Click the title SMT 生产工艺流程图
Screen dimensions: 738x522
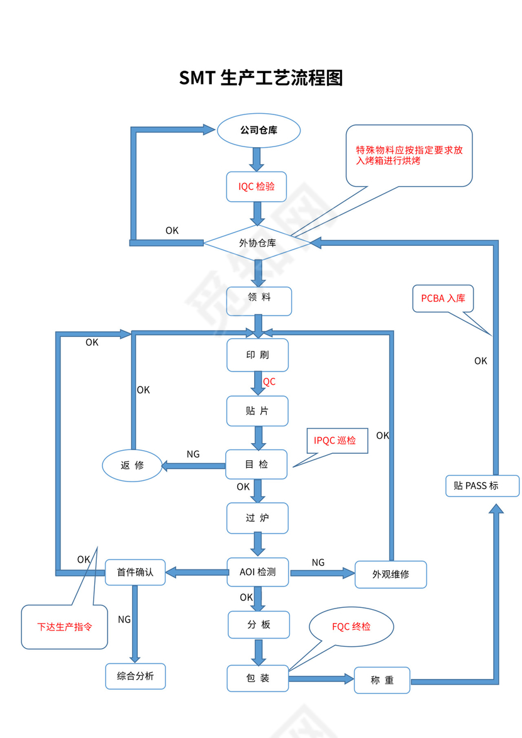260,78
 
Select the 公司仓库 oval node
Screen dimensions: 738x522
258,131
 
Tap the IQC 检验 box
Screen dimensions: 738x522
257,187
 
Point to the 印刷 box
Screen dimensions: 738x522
257,355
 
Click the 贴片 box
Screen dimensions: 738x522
257,411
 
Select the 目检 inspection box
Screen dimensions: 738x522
257,465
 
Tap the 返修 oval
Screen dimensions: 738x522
132,466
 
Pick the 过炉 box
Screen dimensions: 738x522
257,519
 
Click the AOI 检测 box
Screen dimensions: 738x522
258,572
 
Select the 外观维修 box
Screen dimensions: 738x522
390,575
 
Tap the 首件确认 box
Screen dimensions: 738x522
135,573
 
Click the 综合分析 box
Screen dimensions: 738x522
135,677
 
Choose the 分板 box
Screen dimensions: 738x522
258,625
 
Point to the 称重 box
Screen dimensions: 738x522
382,680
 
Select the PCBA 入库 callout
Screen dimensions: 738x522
443,299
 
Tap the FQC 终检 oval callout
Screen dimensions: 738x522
351,627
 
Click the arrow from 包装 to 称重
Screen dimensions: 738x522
321,678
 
